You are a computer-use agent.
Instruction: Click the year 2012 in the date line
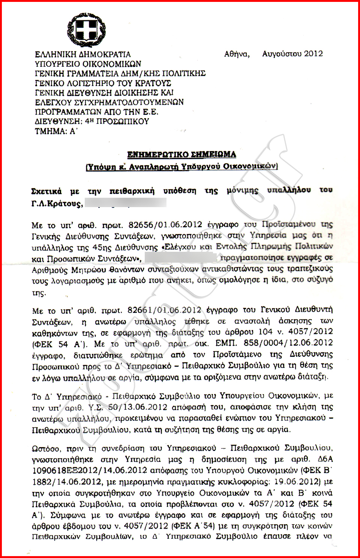click(x=313, y=54)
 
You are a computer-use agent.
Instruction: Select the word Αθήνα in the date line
click(x=237, y=54)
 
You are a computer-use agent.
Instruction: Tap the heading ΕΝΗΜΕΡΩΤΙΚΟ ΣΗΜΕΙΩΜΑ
click(x=181, y=155)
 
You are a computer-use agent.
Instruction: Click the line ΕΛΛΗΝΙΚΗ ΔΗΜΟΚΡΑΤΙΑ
click(x=83, y=54)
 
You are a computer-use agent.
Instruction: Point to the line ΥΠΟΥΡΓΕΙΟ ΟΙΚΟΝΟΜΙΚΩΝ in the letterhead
click(x=88, y=64)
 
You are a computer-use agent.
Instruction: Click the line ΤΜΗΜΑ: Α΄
click(x=56, y=131)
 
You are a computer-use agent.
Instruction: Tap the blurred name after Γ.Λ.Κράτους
click(x=125, y=204)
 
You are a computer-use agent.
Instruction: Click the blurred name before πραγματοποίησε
click(x=180, y=258)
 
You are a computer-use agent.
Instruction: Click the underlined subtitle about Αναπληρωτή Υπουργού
click(x=181, y=166)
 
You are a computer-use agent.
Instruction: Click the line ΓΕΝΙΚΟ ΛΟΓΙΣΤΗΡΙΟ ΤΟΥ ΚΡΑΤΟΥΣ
click(x=103, y=83)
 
